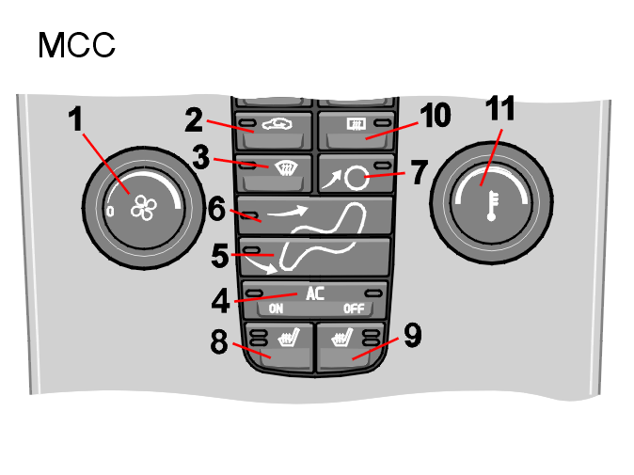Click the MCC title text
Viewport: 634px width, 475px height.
point(76,45)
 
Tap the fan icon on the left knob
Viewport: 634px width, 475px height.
point(144,208)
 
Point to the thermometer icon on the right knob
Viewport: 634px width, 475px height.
point(492,206)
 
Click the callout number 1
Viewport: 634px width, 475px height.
point(75,119)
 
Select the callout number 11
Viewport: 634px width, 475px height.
point(500,108)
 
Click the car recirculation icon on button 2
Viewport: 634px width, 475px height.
point(277,124)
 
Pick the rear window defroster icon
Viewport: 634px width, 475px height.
point(357,124)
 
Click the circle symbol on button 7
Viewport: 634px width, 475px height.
point(357,179)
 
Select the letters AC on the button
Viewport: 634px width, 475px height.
point(315,293)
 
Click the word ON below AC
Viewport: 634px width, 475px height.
point(276,309)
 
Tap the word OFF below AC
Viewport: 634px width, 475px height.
point(354,309)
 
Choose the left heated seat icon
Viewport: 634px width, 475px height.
point(289,338)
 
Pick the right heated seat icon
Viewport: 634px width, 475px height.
point(341,338)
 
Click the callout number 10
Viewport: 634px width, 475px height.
point(436,115)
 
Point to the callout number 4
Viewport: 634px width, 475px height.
point(221,300)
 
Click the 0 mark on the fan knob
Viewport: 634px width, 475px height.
point(110,211)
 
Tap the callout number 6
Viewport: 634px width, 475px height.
point(216,209)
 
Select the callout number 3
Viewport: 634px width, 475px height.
point(201,157)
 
